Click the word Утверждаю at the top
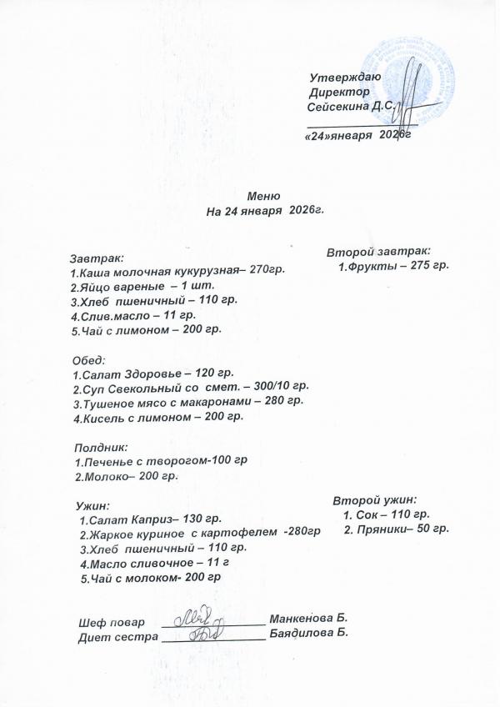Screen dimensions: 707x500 point(344,77)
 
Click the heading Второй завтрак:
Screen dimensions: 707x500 point(378,250)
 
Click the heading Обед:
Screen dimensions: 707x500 point(89,360)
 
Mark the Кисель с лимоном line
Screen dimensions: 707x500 point(158,417)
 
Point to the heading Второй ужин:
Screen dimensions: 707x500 point(375,500)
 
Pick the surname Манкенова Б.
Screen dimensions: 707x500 point(307,618)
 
